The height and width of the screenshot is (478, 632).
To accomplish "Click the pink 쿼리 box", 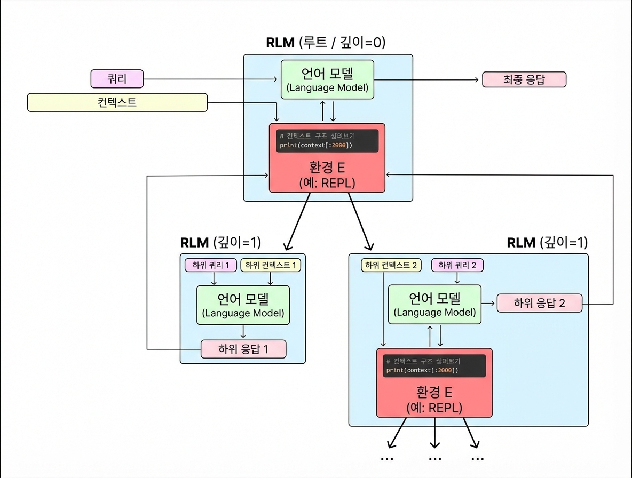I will [117, 79].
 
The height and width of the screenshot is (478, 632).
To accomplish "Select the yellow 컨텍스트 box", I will [117, 102].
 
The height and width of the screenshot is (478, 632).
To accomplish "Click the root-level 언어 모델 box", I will [327, 79].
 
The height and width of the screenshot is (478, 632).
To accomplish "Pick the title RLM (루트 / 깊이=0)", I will [326, 43].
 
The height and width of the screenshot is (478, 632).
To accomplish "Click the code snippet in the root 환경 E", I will [326, 141].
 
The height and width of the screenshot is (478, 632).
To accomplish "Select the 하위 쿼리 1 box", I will [210, 265].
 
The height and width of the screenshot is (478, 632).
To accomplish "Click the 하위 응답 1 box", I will [243, 349].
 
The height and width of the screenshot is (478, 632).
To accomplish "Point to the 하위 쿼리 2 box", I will [457, 265].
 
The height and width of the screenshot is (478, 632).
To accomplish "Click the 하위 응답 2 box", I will [539, 304].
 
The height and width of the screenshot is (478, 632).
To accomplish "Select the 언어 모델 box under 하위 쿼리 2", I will [434, 304].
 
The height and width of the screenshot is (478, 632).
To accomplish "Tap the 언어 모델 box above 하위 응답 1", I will [243, 305].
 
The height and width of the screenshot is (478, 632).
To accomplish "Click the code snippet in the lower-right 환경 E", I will [434, 366].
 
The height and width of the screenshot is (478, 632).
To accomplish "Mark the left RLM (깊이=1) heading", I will [220, 243].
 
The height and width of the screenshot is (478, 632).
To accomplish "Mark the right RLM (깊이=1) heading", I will [547, 243].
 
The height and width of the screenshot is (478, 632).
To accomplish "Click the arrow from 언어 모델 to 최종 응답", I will [427, 80].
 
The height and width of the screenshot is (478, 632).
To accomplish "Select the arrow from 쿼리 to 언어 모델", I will [211, 80].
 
